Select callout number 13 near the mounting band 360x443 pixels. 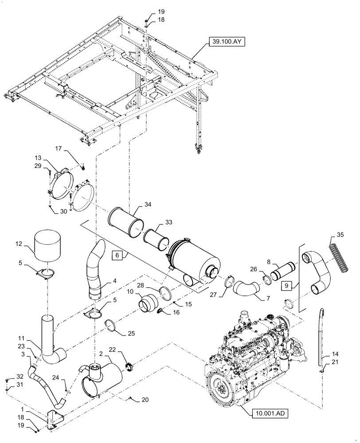pyautogui.click(x=38, y=158)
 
